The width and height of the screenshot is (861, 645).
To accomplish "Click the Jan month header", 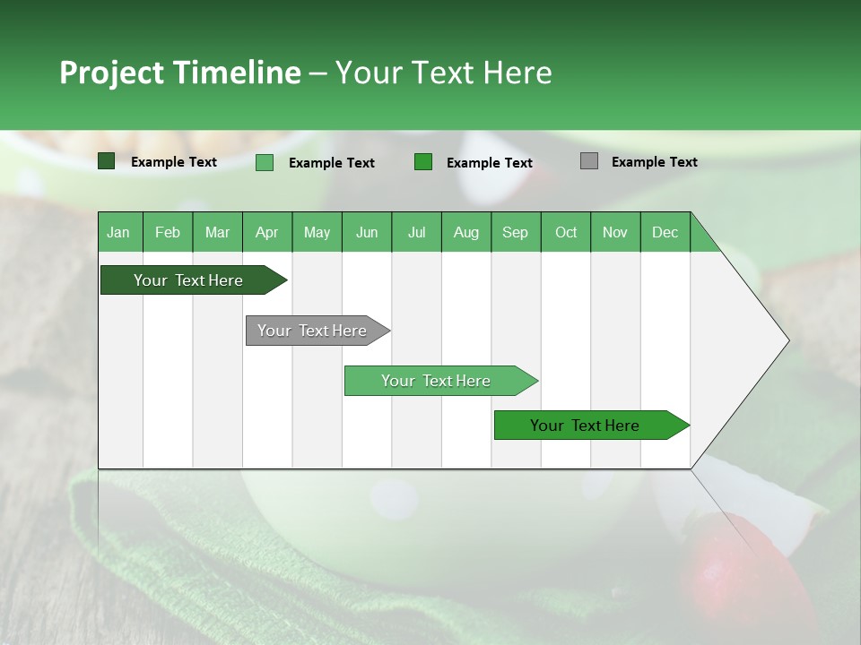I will [x=119, y=232].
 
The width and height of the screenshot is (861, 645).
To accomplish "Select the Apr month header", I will [x=267, y=232].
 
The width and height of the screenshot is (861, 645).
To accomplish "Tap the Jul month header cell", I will [x=416, y=232].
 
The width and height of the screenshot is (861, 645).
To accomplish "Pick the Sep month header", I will [x=516, y=232].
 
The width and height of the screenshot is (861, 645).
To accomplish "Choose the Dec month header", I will [x=665, y=232].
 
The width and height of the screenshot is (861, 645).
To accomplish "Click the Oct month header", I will [x=566, y=232].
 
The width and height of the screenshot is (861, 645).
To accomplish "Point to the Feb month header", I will [x=168, y=232].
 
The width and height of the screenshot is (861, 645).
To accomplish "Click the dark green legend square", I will [x=107, y=161].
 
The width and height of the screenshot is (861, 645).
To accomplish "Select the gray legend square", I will [x=589, y=161].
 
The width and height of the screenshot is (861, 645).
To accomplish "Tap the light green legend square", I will [x=265, y=162].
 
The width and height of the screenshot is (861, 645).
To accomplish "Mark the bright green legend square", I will [x=423, y=162].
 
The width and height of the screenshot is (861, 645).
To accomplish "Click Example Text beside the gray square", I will [x=654, y=162].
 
